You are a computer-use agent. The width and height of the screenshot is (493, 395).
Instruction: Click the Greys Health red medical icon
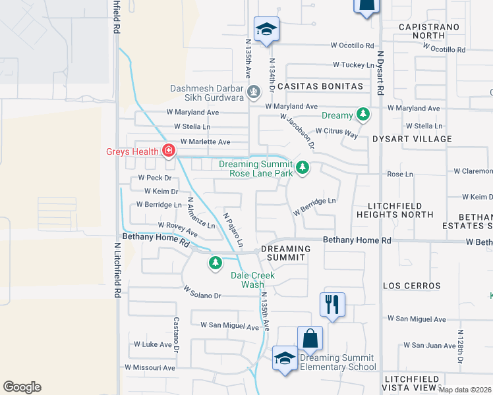(x=169, y=151)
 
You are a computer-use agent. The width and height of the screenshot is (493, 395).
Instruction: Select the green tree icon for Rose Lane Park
(x=303, y=168)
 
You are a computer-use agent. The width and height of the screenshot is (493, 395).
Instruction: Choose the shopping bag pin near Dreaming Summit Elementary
(x=310, y=339)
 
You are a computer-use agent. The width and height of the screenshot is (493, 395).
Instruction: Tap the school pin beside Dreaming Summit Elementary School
(x=285, y=359)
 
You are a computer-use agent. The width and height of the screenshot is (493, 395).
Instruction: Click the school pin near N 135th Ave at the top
(x=266, y=30)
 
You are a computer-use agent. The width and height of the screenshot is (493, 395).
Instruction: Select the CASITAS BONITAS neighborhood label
(x=320, y=86)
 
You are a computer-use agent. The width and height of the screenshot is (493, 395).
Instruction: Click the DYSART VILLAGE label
(x=412, y=139)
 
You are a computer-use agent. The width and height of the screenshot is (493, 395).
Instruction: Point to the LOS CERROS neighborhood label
(x=412, y=286)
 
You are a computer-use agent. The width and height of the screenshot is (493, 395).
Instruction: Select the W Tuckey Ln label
(x=353, y=65)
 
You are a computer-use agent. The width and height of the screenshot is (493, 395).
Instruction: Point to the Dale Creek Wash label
(x=252, y=280)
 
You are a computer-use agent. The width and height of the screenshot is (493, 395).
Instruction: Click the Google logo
(x=22, y=387)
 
